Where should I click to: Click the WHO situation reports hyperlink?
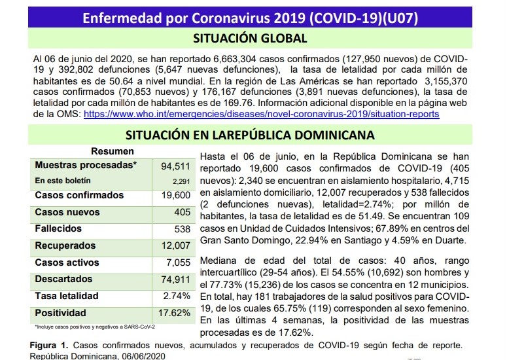(x=261, y=114)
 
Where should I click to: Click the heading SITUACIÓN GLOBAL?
(x=250, y=38)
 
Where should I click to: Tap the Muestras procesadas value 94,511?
(x=175, y=166)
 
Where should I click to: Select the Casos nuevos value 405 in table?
(x=183, y=212)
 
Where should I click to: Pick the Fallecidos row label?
(x=58, y=228)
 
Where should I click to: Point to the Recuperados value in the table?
(x=176, y=245)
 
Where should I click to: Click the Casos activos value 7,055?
(x=178, y=262)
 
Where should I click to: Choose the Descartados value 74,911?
(x=175, y=279)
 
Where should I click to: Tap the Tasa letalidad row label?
(x=67, y=296)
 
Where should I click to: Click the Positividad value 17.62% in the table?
(x=174, y=313)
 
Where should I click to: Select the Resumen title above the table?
(x=113, y=151)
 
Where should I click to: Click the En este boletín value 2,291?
(x=181, y=181)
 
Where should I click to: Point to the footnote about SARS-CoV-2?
(x=95, y=327)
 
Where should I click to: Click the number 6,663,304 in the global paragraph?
(x=235, y=59)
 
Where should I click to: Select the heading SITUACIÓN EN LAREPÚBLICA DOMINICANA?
(x=250, y=135)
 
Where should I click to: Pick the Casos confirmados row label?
(x=79, y=195)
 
